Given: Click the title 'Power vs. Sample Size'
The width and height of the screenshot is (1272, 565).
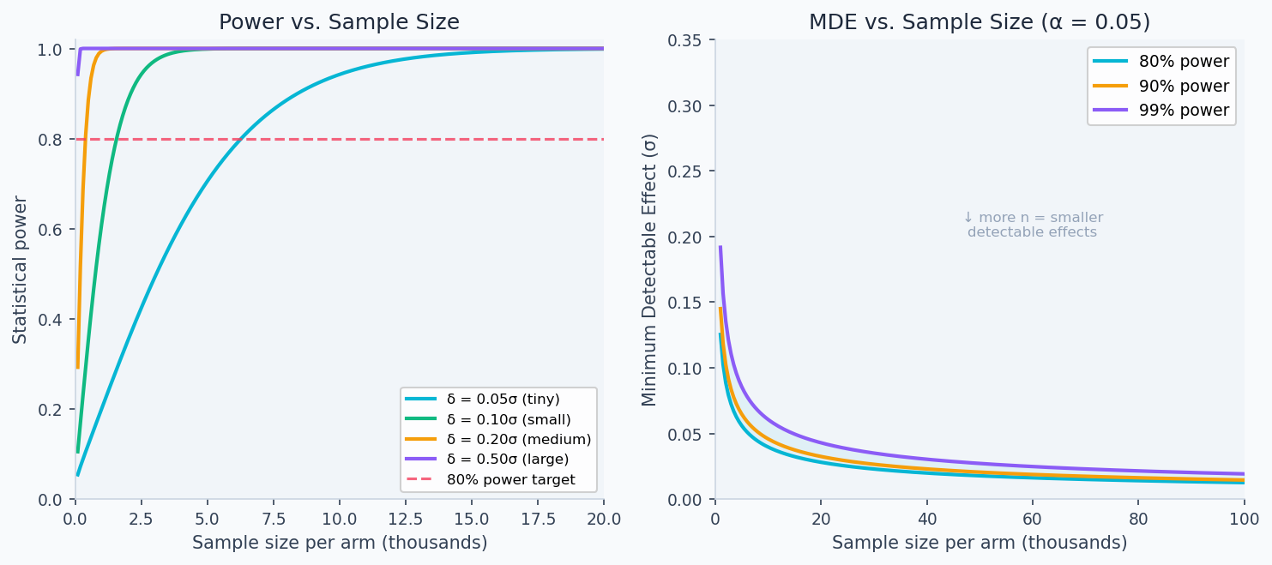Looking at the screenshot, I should pyautogui.click(x=339, y=22).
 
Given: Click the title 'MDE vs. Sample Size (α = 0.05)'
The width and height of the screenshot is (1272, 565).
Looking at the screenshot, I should pyautogui.click(x=980, y=22).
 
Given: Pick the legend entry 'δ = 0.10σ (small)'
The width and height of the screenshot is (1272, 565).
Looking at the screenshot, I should pyautogui.click(x=509, y=419).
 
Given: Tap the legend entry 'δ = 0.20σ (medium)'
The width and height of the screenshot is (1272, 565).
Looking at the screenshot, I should pyautogui.click(x=519, y=439).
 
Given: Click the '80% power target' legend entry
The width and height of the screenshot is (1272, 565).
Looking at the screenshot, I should pyautogui.click(x=510, y=480).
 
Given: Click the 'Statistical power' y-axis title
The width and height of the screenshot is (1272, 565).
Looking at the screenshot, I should pyautogui.click(x=20, y=269).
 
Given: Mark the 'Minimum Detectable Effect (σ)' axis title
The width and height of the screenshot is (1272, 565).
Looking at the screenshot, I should pyautogui.click(x=649, y=269).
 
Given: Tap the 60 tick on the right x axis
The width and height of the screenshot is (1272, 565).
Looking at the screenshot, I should pyautogui.click(x=1032, y=519).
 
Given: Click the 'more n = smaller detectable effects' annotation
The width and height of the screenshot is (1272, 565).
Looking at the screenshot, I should pyautogui.click(x=1032, y=225).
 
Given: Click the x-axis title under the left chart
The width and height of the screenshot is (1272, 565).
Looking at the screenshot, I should pyautogui.click(x=339, y=543).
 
